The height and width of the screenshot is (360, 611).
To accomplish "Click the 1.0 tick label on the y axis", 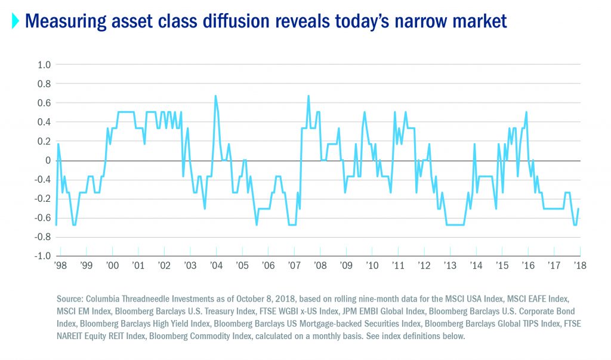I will tap(44, 64).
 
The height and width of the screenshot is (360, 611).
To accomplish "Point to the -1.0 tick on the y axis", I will tap(43, 256).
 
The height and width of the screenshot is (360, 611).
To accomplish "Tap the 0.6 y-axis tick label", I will tap(44, 103).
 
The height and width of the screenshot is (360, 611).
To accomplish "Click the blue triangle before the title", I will tap(16, 22).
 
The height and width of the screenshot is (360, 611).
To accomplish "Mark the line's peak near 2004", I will tap(215, 96).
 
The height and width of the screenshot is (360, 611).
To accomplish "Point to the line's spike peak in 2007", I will tap(308, 96).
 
